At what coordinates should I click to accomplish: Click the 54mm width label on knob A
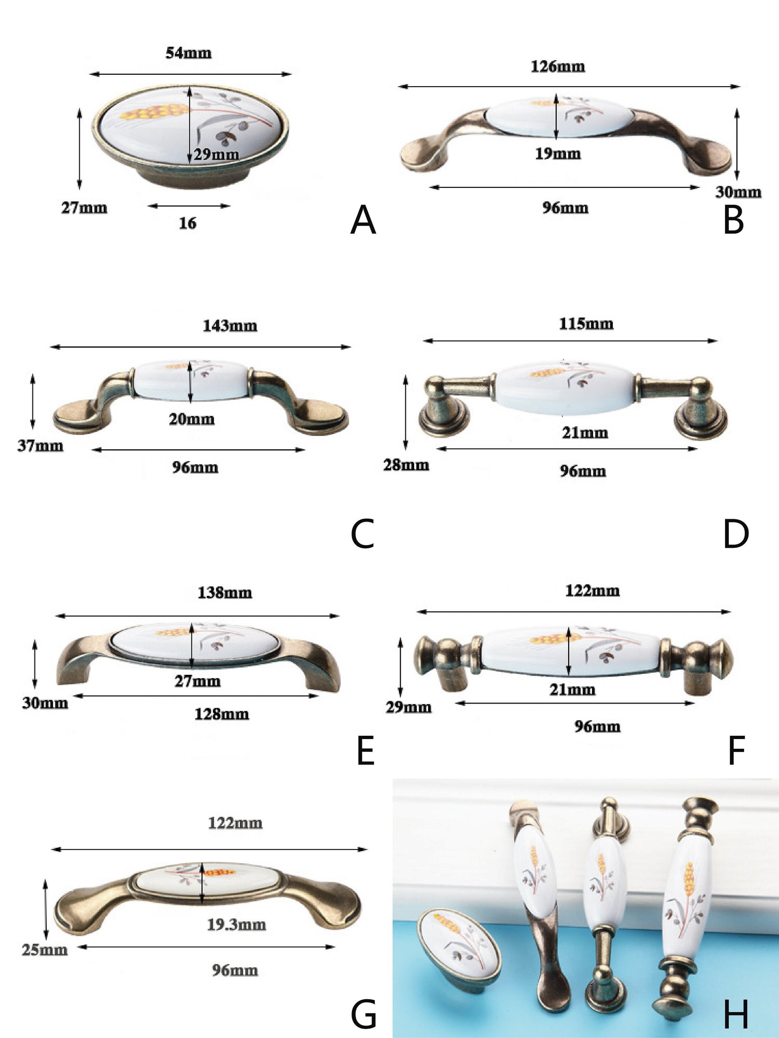[x=188, y=53]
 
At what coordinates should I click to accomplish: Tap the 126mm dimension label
[x=557, y=66]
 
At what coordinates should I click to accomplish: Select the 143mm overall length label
[x=230, y=326]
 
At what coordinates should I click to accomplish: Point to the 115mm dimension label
[x=586, y=324]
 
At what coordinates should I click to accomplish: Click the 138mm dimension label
[x=224, y=593]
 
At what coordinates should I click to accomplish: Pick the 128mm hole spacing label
[x=222, y=714]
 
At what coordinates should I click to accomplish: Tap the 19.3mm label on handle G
[x=236, y=925]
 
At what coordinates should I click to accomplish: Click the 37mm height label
[x=40, y=446]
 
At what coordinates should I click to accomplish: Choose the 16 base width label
[x=187, y=223]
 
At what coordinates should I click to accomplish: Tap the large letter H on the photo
[x=736, y=1014]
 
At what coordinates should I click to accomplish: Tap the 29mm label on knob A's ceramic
[x=216, y=154]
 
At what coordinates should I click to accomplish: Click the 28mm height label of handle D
[x=406, y=465]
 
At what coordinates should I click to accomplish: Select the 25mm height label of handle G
[x=45, y=950]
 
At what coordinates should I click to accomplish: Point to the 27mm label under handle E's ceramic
[x=197, y=681]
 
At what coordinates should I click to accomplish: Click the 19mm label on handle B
[x=557, y=154]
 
